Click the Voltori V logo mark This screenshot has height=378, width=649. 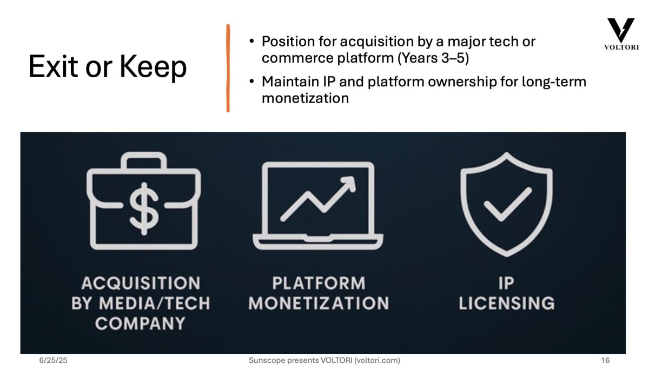pos(621,30)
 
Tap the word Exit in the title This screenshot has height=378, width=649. pos(54,67)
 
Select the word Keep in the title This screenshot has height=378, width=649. pos(153,67)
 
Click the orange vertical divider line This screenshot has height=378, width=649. pos(228,68)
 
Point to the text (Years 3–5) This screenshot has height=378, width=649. pos(433,58)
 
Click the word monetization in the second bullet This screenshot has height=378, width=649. pos(305,98)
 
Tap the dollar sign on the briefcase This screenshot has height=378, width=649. pos(144,208)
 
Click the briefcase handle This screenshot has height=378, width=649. pos(144,160)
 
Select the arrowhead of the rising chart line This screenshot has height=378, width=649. pos(348,184)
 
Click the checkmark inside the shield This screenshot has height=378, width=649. pos(508,205)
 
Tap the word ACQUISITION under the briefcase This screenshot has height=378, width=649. pos(141,283)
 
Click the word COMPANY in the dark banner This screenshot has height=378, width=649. pos(140,323)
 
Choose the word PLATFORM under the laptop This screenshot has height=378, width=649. pos(319,283)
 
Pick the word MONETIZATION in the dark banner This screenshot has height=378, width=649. pos(319,303)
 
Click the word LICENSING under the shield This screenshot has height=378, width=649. pos(507,303)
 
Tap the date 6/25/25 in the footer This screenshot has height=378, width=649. pos(54,360)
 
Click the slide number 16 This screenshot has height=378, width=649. pos(605,360)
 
